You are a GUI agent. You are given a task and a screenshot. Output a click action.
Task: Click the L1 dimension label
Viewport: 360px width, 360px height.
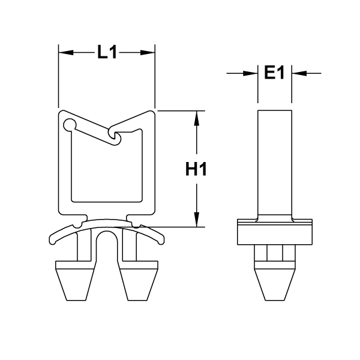106,53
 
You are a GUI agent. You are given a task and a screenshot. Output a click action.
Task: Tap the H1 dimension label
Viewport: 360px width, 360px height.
196,170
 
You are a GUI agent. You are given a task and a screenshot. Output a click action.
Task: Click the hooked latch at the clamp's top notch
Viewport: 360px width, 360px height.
115,137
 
